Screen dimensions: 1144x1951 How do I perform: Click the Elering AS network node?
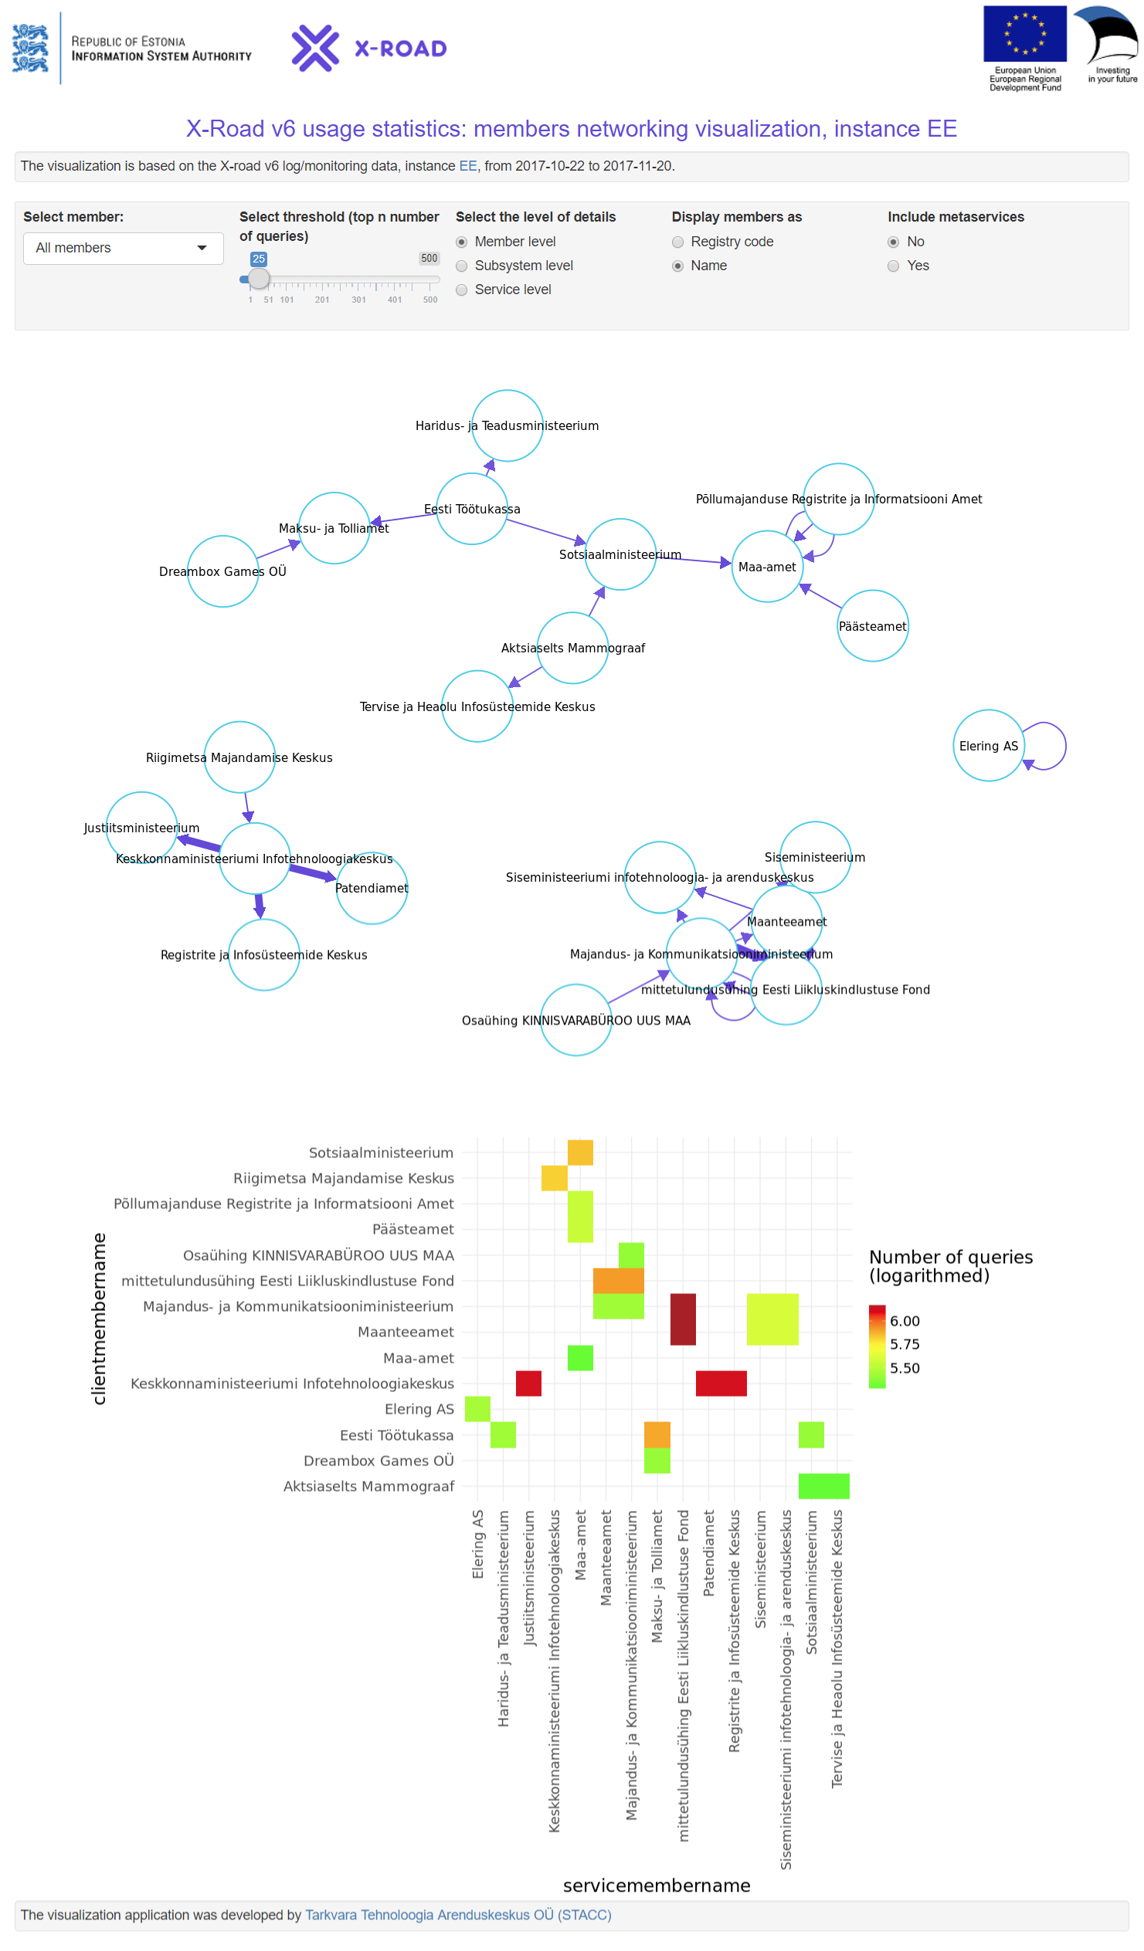click(x=988, y=746)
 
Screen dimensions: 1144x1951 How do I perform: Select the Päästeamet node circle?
click(x=872, y=625)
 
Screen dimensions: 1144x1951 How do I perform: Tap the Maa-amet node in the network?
click(x=767, y=566)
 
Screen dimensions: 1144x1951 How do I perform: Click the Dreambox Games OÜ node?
click(x=223, y=571)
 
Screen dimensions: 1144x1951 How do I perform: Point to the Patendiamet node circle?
click(x=372, y=888)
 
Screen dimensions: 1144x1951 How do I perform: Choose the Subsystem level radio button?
click(x=462, y=266)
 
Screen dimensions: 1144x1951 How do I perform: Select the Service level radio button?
click(x=462, y=290)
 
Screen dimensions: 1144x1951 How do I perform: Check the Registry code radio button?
click(x=677, y=242)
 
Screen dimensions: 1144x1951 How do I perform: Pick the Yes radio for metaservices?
click(x=893, y=266)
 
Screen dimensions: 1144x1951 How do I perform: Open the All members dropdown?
click(x=123, y=249)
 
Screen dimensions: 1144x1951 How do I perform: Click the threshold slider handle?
click(x=259, y=279)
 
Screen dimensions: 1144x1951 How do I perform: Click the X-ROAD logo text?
click(x=400, y=49)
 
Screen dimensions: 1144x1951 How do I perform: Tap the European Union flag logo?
click(x=1024, y=34)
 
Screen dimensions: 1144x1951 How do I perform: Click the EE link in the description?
click(x=468, y=167)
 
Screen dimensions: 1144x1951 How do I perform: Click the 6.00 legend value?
click(x=904, y=1321)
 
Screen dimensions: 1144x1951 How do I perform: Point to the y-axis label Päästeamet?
click(x=412, y=1229)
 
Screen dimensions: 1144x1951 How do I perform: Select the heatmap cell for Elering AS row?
click(x=477, y=1409)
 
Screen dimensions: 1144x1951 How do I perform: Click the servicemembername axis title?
click(x=656, y=1885)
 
